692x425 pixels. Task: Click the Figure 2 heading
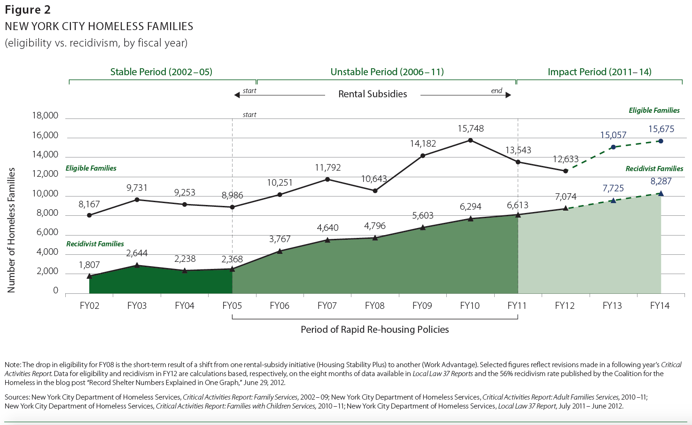coord(28,10)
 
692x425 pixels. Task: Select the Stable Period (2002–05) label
coord(161,72)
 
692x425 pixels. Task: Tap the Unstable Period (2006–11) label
coord(387,72)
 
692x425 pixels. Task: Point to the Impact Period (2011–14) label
coord(599,72)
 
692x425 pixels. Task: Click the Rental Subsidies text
coord(373,94)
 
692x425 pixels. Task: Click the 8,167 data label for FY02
coord(89,205)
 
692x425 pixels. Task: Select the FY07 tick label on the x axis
coord(327,306)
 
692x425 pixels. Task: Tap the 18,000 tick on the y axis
coord(45,116)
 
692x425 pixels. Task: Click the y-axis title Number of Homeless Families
coord(11,230)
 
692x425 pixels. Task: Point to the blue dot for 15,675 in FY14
coord(661,141)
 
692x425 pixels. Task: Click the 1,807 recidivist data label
coord(89,265)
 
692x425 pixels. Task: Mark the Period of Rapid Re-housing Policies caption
coord(374,330)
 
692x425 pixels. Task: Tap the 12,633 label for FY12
coord(566,159)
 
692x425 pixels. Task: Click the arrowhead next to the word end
coord(508,95)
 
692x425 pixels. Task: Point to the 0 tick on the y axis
coord(55,291)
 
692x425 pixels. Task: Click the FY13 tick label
coord(612,306)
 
